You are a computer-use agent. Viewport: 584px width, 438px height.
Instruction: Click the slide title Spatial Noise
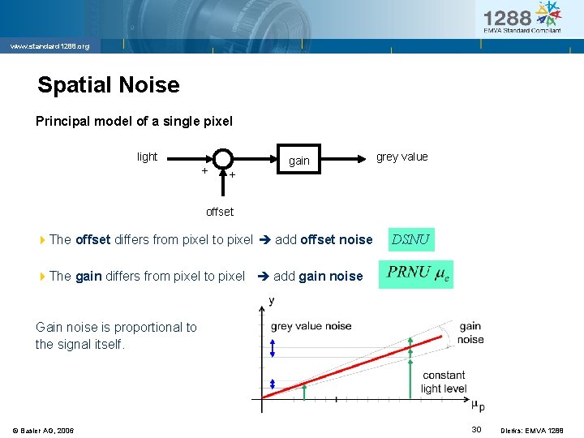[x=109, y=84]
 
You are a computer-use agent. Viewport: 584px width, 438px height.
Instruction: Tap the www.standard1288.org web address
[x=49, y=46]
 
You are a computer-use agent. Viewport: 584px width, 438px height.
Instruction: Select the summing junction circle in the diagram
[x=224, y=159]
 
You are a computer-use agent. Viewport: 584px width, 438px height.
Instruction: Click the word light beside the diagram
[x=147, y=157]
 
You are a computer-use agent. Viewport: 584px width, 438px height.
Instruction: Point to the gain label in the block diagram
[x=298, y=161]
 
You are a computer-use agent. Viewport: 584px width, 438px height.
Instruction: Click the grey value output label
[x=401, y=157]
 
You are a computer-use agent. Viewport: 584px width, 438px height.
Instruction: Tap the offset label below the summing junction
[x=219, y=212]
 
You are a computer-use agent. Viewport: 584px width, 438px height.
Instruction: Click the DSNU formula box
[x=410, y=239]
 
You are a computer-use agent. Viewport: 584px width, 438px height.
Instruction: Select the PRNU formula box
[x=416, y=273]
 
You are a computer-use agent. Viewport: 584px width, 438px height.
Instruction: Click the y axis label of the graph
[x=271, y=301]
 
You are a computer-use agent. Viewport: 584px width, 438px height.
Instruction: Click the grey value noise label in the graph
[x=311, y=326]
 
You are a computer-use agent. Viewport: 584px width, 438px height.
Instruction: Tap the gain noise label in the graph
[x=470, y=333]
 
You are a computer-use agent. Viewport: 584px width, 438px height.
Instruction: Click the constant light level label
[x=444, y=382]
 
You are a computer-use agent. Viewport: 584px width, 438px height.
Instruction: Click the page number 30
[x=477, y=429]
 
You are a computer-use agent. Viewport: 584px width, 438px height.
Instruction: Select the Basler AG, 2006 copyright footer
[x=43, y=430]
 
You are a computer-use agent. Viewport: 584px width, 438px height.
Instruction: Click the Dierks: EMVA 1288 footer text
[x=537, y=430]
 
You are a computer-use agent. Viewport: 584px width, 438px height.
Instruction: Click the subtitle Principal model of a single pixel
[x=134, y=122]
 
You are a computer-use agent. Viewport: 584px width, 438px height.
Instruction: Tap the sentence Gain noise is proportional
[x=115, y=336]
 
